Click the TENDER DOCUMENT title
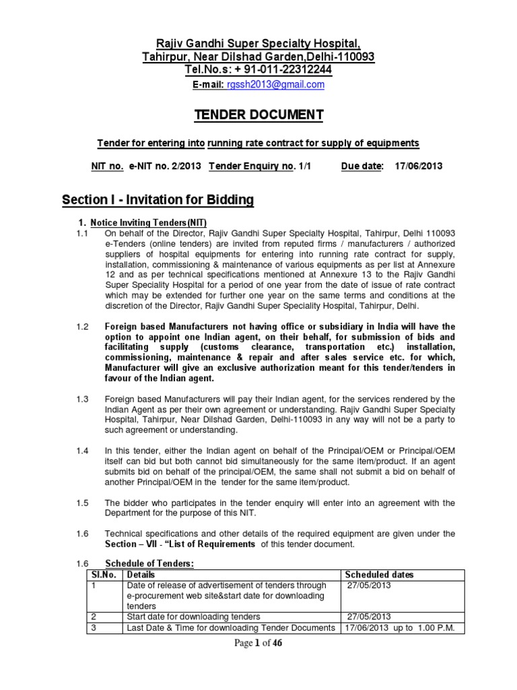(x=258, y=115)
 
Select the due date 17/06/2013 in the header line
(x=419, y=166)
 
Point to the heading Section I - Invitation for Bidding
(x=158, y=200)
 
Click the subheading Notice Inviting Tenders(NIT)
(x=149, y=223)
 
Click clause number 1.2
(x=82, y=327)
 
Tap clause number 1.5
(x=82, y=503)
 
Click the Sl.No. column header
(x=101, y=575)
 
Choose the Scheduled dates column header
(x=379, y=575)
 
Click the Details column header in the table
(x=141, y=575)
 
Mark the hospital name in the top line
(x=258, y=43)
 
